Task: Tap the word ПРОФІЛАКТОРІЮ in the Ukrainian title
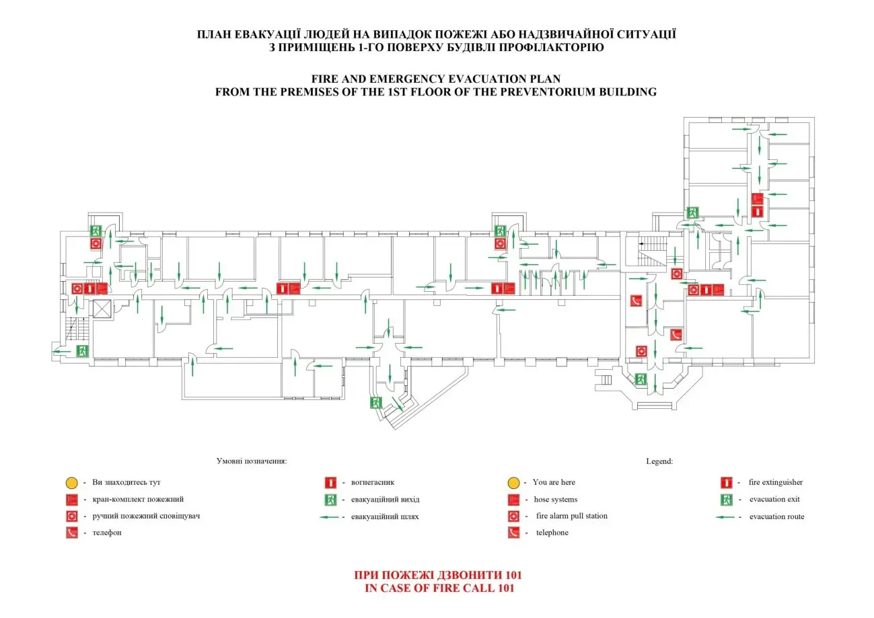(552, 47)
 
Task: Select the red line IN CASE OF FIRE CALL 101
(439, 588)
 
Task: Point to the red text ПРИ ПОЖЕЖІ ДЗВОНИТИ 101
(438, 576)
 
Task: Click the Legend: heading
(659, 461)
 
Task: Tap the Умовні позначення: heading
(252, 461)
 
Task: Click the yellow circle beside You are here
(513, 483)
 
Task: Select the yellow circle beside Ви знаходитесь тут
(71, 483)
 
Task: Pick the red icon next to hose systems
(513, 500)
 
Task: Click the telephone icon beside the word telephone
(513, 533)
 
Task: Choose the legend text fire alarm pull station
(571, 516)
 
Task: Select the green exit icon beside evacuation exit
(726, 500)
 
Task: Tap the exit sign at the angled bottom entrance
(375, 403)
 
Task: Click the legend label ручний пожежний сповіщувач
(146, 516)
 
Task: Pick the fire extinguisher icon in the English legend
(726, 483)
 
